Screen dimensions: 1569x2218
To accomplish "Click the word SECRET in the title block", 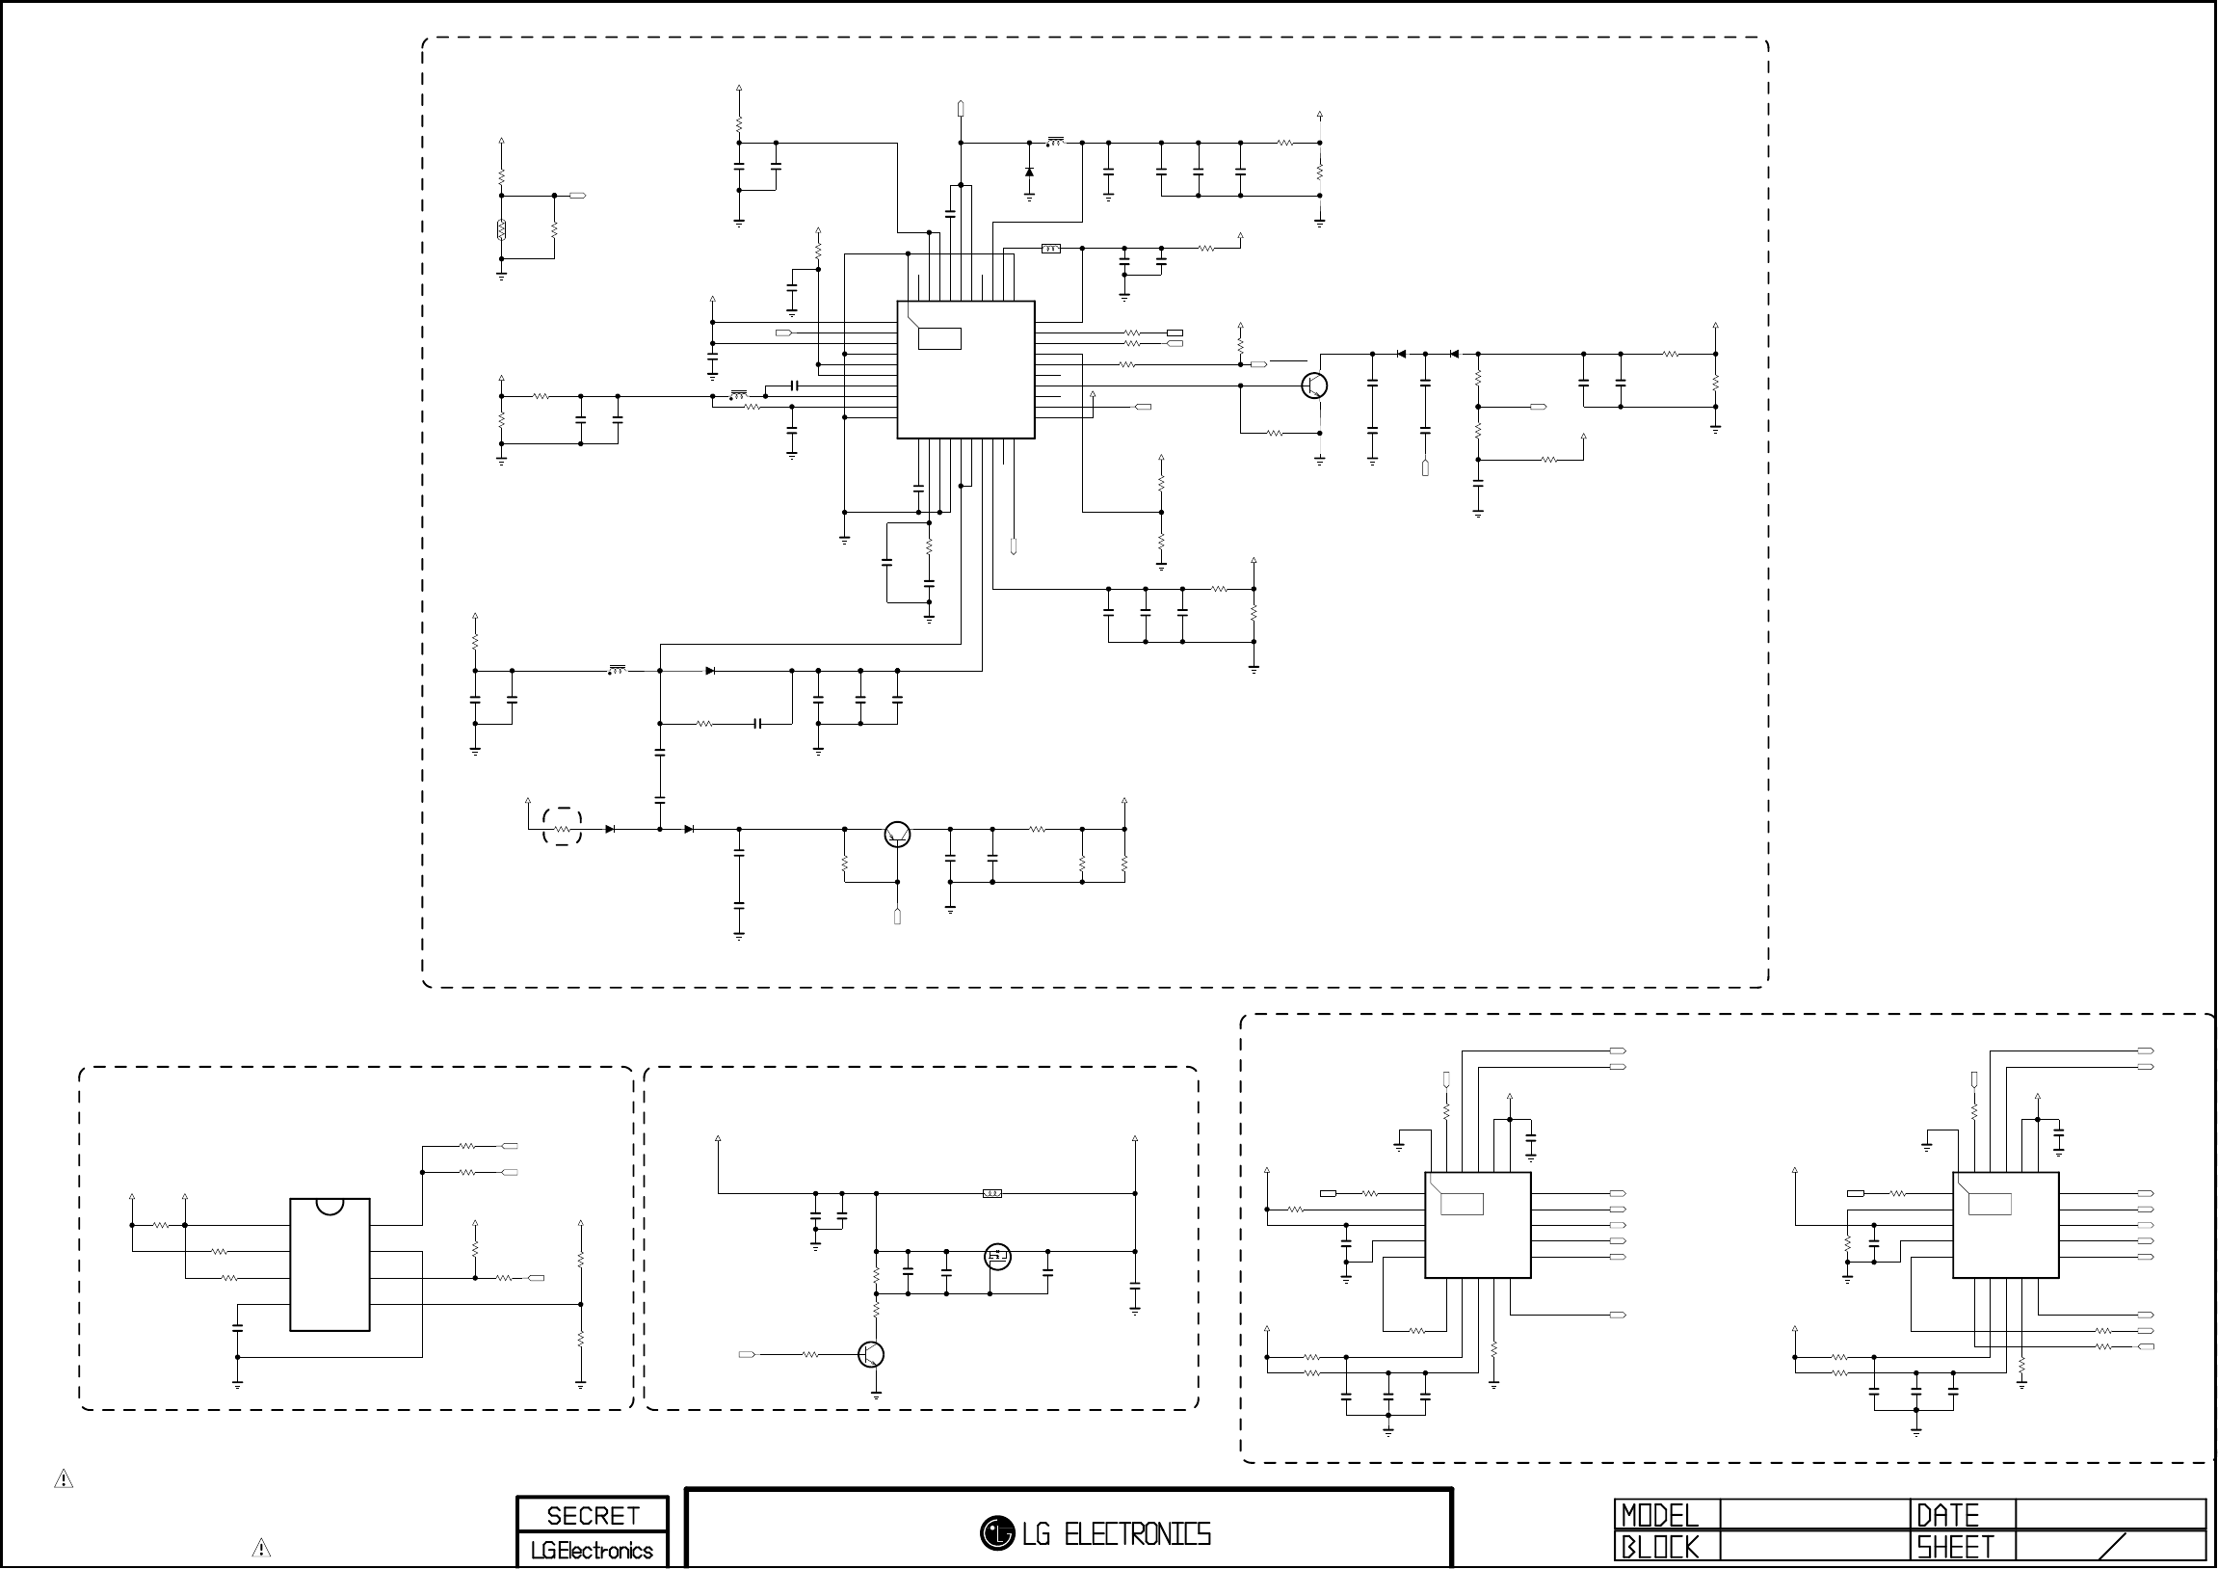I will click(x=593, y=1516).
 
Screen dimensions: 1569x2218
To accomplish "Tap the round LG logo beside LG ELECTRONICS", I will click(x=997, y=1532).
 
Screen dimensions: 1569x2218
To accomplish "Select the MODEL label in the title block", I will click(x=1659, y=1515).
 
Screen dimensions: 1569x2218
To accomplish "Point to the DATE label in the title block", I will click(x=1947, y=1515).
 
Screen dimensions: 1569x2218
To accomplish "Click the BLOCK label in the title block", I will click(x=1659, y=1548).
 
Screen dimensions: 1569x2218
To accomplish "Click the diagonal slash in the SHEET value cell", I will click(x=2126, y=1547).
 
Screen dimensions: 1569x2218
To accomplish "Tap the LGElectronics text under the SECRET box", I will click(x=593, y=1551).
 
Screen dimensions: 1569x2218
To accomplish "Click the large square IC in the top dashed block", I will click(x=965, y=370).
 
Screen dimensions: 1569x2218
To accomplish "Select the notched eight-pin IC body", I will click(x=330, y=1265).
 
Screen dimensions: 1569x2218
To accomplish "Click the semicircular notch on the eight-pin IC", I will click(x=330, y=1206).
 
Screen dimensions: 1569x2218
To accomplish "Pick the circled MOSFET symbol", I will click(x=997, y=1257).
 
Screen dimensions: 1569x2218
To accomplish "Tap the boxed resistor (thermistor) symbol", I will click(x=501, y=230).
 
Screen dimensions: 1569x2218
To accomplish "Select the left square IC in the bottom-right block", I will click(x=1477, y=1225).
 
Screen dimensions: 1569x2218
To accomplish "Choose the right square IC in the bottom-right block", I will click(x=2005, y=1225).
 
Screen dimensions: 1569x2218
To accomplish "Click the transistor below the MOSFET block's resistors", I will click(x=871, y=1354).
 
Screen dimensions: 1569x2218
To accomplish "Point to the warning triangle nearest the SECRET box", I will click(x=261, y=1548).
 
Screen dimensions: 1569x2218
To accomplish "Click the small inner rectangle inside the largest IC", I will click(x=939, y=339).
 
